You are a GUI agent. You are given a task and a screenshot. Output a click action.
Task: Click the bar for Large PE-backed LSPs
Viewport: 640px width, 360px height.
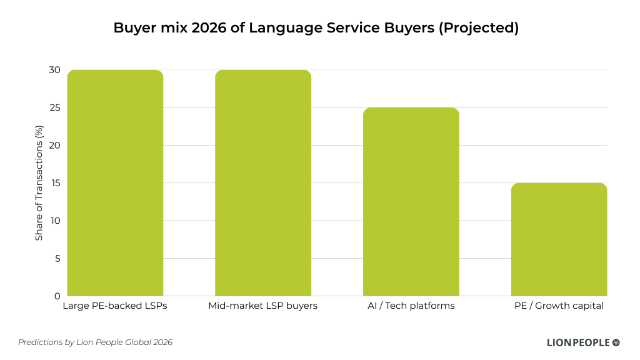(115, 182)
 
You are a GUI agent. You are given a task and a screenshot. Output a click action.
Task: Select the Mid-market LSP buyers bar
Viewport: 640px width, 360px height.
(263, 182)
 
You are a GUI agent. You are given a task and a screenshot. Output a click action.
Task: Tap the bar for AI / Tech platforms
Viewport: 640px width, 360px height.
(411, 201)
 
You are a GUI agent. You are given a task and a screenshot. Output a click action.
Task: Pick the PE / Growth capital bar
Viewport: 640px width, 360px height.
(559, 239)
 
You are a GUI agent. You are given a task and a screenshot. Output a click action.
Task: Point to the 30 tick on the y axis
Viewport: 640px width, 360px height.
(54, 70)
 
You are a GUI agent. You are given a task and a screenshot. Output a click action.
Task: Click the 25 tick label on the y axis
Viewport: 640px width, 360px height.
(54, 107)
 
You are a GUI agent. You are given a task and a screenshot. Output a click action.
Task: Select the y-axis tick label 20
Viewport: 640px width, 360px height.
(54, 146)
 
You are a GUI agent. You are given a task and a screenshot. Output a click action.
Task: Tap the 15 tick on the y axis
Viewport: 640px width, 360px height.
(54, 183)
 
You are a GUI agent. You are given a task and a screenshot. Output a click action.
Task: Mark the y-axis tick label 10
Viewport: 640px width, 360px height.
(54, 221)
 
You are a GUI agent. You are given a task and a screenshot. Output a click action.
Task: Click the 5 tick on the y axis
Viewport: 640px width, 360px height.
(57, 258)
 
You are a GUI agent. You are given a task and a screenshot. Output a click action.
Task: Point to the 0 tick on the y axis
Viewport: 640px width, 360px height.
(57, 296)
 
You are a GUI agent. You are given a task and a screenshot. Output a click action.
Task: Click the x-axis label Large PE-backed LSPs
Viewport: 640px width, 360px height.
(115, 306)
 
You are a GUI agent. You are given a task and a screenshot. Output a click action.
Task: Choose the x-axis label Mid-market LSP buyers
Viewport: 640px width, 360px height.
(263, 306)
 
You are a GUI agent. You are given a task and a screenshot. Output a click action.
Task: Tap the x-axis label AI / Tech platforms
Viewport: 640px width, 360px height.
(411, 306)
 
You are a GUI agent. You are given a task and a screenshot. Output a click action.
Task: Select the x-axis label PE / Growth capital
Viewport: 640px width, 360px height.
(559, 306)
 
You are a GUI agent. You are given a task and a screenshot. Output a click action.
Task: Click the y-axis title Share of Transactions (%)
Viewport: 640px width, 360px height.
(39, 182)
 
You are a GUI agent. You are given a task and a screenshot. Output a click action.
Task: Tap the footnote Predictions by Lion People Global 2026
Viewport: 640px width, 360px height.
(95, 342)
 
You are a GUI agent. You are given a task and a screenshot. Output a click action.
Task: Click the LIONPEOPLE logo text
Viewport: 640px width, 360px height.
(577, 342)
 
